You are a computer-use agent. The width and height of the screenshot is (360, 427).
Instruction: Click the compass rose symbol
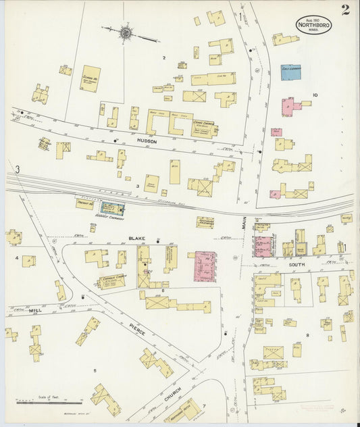click(x=126, y=31)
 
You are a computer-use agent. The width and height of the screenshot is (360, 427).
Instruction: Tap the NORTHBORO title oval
click(x=313, y=25)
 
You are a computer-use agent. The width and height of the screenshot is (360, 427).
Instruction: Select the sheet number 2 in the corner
click(x=345, y=9)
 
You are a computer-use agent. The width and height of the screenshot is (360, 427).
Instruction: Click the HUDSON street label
click(x=147, y=141)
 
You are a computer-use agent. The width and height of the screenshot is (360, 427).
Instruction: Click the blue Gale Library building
click(x=290, y=72)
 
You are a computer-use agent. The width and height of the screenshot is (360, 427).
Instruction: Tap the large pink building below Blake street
click(x=205, y=266)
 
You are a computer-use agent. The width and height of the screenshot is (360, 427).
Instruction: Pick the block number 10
click(x=315, y=95)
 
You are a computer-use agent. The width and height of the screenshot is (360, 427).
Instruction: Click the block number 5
click(x=95, y=370)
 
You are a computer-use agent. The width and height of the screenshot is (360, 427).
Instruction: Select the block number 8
click(x=307, y=334)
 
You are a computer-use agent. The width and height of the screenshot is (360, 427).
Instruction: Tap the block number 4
click(x=17, y=257)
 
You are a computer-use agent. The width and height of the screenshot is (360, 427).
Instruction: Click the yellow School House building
click(x=91, y=78)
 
